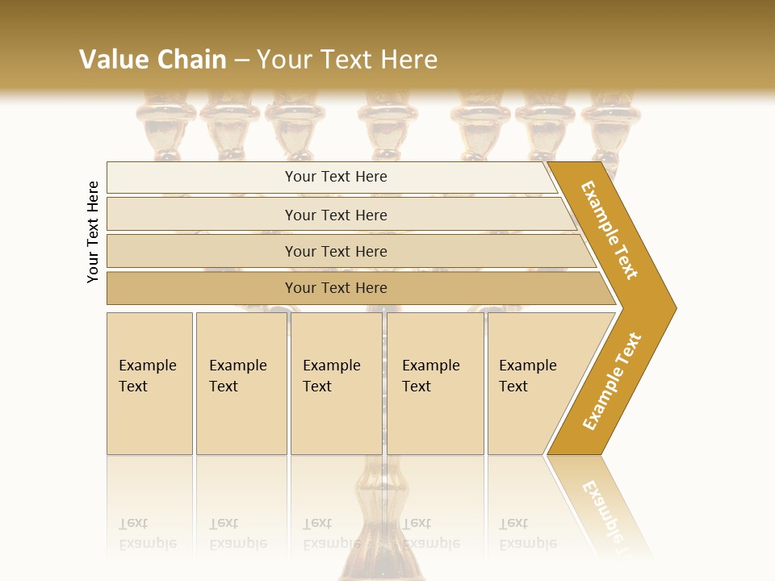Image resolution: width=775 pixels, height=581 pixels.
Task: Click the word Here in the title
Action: tap(408, 60)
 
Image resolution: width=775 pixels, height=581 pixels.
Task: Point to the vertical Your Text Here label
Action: tap(93, 232)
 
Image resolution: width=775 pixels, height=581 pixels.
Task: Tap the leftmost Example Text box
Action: tap(149, 383)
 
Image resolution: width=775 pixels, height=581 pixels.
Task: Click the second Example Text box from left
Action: tap(241, 383)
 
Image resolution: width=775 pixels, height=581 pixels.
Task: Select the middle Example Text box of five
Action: tap(336, 383)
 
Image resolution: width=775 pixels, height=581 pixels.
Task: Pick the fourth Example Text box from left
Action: tap(434, 383)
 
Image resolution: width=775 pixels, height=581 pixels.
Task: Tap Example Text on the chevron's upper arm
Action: tap(610, 230)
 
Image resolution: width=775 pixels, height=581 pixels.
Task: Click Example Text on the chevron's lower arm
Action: tap(611, 381)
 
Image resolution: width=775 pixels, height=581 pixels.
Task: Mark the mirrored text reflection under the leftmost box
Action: tap(148, 533)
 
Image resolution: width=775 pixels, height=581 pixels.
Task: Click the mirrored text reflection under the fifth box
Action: tap(528, 533)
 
